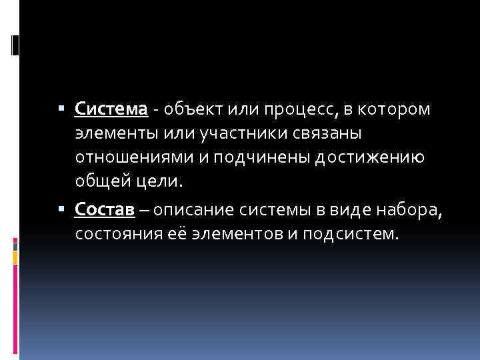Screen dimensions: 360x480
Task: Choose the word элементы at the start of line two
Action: point(116,133)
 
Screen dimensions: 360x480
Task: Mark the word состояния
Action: point(113,235)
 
